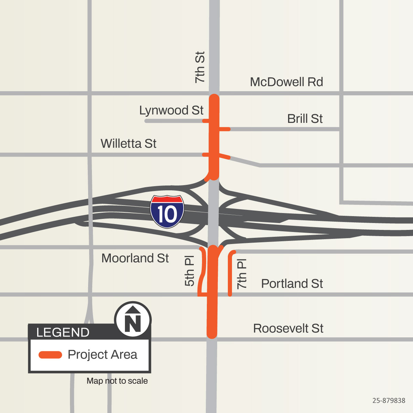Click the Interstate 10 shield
pyautogui.click(x=167, y=212)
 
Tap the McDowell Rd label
pyautogui.click(x=286, y=82)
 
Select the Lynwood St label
pyautogui.click(x=171, y=110)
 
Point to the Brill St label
pyautogui.click(x=305, y=119)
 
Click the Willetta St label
pyautogui.click(x=128, y=144)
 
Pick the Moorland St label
pyautogui.click(x=135, y=258)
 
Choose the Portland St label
pyautogui.click(x=292, y=284)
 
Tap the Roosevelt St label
pyautogui.click(x=288, y=328)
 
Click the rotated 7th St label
pyautogui.click(x=200, y=67)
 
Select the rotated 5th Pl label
pyautogui.click(x=190, y=271)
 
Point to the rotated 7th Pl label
pyautogui.click(x=242, y=274)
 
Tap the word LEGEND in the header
pyautogui.click(x=63, y=332)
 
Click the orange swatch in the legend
pyautogui.click(x=50, y=355)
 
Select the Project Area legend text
pyautogui.click(x=102, y=354)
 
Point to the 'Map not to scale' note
pyautogui.click(x=117, y=381)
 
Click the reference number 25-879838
pyautogui.click(x=389, y=401)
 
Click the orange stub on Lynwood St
pyautogui.click(x=205, y=121)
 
